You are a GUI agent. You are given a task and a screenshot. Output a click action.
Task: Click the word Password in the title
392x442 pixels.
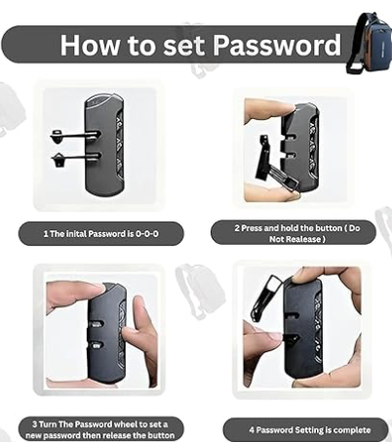pos(277,45)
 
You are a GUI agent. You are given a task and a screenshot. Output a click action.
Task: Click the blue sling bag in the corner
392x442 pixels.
pos(371,44)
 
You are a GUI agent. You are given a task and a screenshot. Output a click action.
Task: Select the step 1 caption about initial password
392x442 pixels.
pos(101,233)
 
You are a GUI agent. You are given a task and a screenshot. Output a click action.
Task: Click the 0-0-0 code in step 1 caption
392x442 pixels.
pos(147,233)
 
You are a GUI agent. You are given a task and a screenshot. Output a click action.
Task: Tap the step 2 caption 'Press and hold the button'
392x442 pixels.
pos(297,233)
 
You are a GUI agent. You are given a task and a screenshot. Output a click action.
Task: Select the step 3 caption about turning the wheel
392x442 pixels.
pos(100,429)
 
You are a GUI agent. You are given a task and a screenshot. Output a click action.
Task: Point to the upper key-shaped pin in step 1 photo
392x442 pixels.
pos(74,136)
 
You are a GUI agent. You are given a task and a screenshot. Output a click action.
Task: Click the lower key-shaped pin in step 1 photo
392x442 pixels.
pos(75,159)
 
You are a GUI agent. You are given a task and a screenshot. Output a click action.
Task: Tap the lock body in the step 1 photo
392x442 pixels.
pos(104,144)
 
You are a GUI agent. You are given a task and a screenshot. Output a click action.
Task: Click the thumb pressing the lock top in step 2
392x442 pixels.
pos(270,109)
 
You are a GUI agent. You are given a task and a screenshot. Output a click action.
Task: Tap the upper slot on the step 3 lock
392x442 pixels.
pos(97,324)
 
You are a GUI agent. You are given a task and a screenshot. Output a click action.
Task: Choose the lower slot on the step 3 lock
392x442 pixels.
pos(97,345)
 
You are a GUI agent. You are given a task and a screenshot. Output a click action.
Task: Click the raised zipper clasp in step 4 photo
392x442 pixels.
pos(265,298)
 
